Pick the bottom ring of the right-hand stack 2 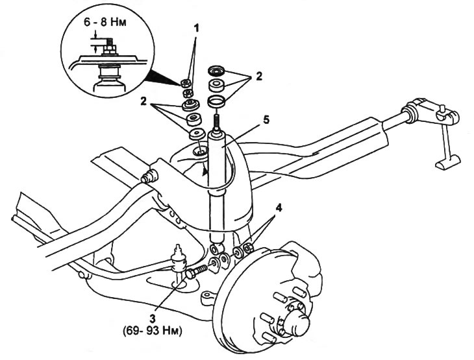216,101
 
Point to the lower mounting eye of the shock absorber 216,248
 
